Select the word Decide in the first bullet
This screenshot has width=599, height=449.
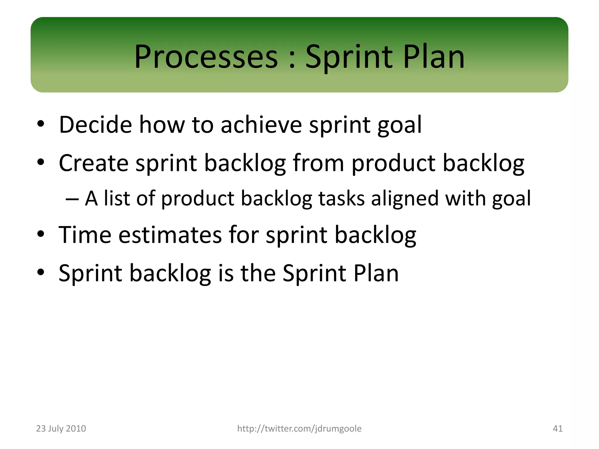click(x=95, y=125)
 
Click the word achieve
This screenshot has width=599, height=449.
click(x=261, y=125)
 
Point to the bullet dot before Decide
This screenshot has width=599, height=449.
click(x=41, y=124)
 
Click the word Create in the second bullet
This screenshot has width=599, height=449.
click(x=93, y=163)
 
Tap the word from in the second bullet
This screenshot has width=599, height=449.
click(x=318, y=163)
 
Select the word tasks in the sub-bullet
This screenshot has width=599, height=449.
click(x=341, y=199)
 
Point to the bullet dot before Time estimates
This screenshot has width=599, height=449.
click(x=41, y=234)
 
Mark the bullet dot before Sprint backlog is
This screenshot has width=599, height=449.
click(x=41, y=272)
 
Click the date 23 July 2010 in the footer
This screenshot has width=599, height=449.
click(x=61, y=429)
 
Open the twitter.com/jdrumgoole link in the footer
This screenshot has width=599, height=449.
click(x=299, y=429)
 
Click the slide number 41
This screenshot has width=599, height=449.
click(x=557, y=429)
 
